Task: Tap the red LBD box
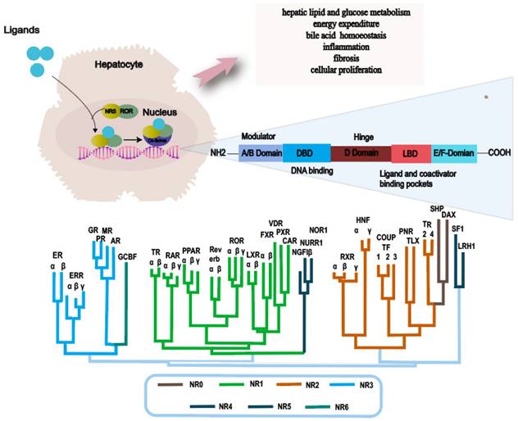coord(411,153)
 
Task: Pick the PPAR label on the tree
coord(192,251)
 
